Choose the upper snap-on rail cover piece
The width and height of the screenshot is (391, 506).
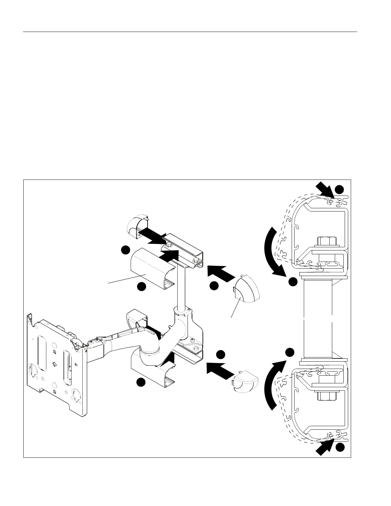(150, 268)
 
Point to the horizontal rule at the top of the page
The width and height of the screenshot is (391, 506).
(190, 32)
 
